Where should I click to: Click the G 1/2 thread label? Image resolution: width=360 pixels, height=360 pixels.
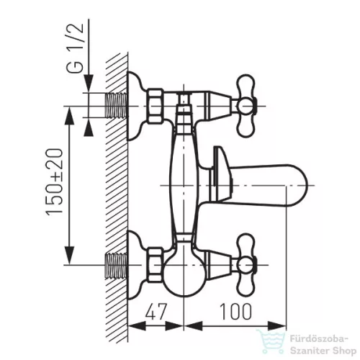pyautogui.click(x=75, y=48)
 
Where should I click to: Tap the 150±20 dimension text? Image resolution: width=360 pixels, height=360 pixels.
pyautogui.click(x=55, y=181)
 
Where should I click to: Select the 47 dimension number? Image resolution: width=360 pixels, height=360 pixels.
pyautogui.click(x=156, y=312)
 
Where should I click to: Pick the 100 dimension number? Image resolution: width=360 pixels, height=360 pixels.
pyautogui.click(x=236, y=312)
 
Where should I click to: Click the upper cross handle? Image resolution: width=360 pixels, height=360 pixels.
pyautogui.click(x=246, y=106)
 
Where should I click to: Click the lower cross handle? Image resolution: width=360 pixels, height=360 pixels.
pyautogui.click(x=246, y=265)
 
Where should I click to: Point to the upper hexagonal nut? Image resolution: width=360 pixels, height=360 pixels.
pyautogui.click(x=156, y=106)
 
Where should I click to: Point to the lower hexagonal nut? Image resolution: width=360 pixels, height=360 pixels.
pyautogui.click(x=156, y=265)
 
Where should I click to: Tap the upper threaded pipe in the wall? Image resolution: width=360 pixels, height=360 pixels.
pyautogui.click(x=116, y=106)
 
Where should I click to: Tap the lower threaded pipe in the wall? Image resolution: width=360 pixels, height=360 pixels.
pyautogui.click(x=116, y=265)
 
